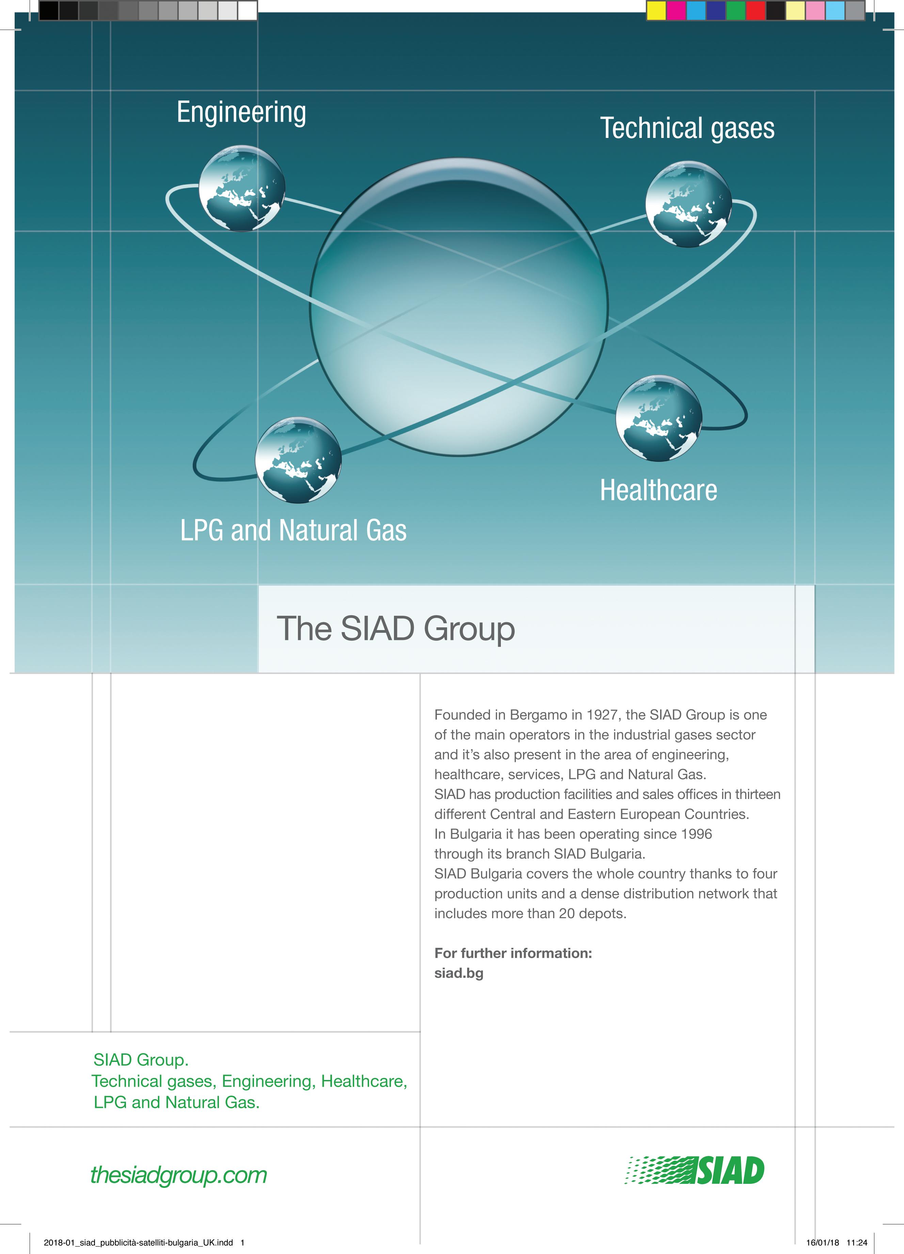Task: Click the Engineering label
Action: (x=241, y=113)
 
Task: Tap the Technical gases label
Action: (x=687, y=128)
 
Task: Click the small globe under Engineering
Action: (x=242, y=188)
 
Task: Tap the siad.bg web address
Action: (x=458, y=973)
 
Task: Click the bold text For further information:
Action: (x=512, y=953)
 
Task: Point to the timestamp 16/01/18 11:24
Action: (x=837, y=1242)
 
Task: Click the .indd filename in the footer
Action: (x=138, y=1242)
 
